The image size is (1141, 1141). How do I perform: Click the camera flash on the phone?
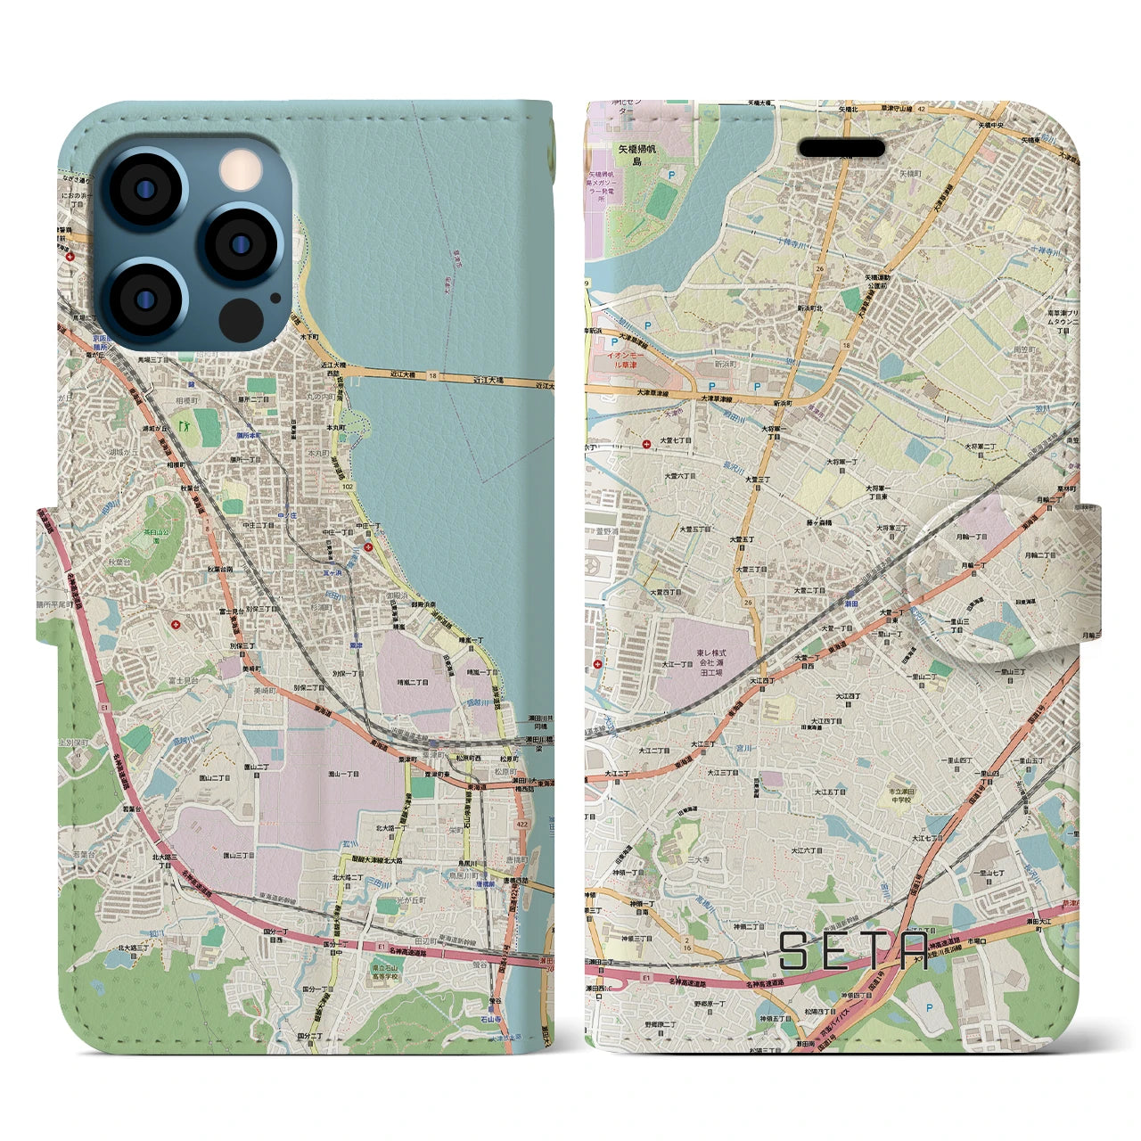[x=238, y=168]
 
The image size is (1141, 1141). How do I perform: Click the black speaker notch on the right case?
[x=841, y=147]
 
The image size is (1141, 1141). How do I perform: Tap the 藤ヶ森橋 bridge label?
[x=814, y=522]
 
